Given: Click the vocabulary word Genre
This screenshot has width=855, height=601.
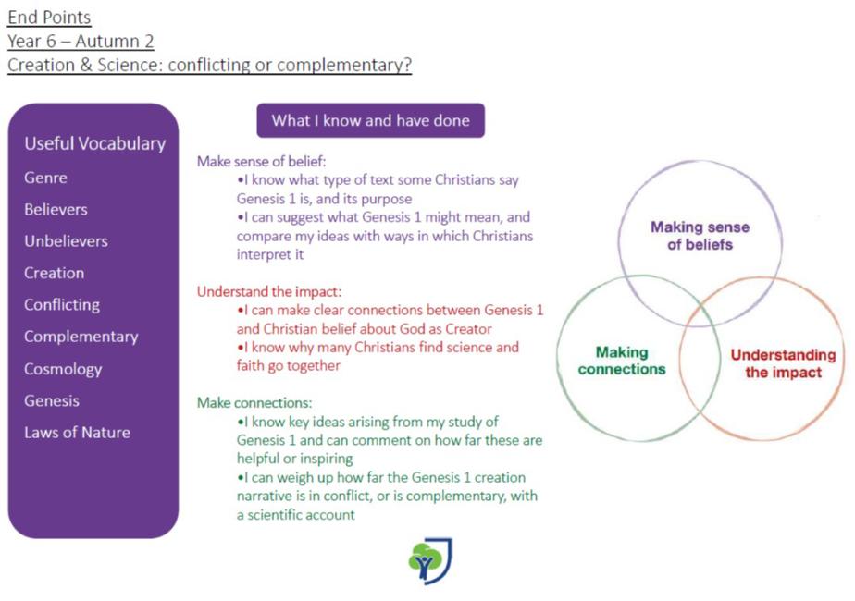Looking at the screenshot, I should click(x=45, y=178).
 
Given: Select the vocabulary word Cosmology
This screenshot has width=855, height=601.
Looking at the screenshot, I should click(x=63, y=369).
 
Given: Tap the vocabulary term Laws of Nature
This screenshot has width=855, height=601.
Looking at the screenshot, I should click(x=77, y=433).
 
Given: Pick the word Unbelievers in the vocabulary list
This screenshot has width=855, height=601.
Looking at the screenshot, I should click(x=66, y=241).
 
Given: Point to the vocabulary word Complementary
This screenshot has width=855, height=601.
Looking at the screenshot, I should click(x=81, y=337).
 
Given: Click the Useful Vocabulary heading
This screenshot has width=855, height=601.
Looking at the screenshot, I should click(x=94, y=143).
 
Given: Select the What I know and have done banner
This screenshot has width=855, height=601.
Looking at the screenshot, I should click(x=370, y=120).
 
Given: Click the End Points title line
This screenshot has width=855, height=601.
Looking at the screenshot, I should click(x=49, y=18).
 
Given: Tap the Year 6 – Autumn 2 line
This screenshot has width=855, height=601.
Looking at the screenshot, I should click(x=81, y=42).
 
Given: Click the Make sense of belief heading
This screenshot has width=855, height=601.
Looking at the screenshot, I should click(x=261, y=161).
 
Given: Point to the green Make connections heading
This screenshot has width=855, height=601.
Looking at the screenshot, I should click(x=254, y=403).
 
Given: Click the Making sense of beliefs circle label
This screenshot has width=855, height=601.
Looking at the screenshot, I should click(x=700, y=236).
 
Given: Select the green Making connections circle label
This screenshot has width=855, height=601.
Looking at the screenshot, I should click(x=622, y=361).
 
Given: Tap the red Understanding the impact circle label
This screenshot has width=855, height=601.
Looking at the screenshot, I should click(x=783, y=363).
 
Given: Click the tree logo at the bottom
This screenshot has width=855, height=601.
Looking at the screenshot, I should click(x=430, y=561).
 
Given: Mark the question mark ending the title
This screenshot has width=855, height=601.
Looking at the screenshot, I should click(x=407, y=66).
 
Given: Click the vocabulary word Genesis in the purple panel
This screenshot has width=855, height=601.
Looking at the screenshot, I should click(x=52, y=400).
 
